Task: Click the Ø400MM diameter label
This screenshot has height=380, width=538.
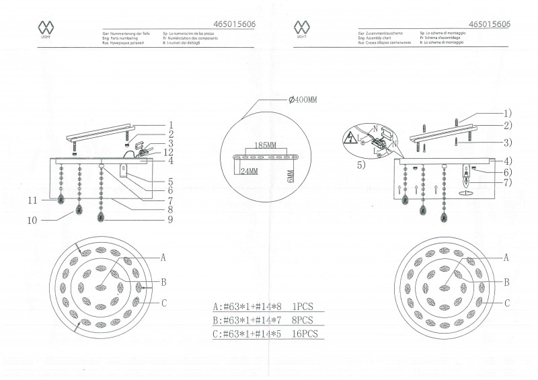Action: pyautogui.click(x=303, y=100)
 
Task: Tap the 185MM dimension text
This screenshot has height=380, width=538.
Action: pyautogui.click(x=266, y=145)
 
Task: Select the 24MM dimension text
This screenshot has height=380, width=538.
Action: pyautogui.click(x=249, y=171)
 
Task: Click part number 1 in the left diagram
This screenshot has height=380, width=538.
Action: pyautogui.click(x=171, y=125)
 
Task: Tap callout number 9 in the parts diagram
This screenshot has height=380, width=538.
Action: pyautogui.click(x=171, y=219)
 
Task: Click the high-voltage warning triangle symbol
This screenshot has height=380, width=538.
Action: pyautogui.click(x=350, y=140)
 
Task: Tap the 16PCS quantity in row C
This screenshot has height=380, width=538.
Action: pyautogui.click(x=301, y=333)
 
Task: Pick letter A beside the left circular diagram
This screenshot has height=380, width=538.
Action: pyautogui.click(x=163, y=258)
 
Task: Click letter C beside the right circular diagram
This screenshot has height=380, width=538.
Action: pyautogui.click(x=506, y=303)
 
